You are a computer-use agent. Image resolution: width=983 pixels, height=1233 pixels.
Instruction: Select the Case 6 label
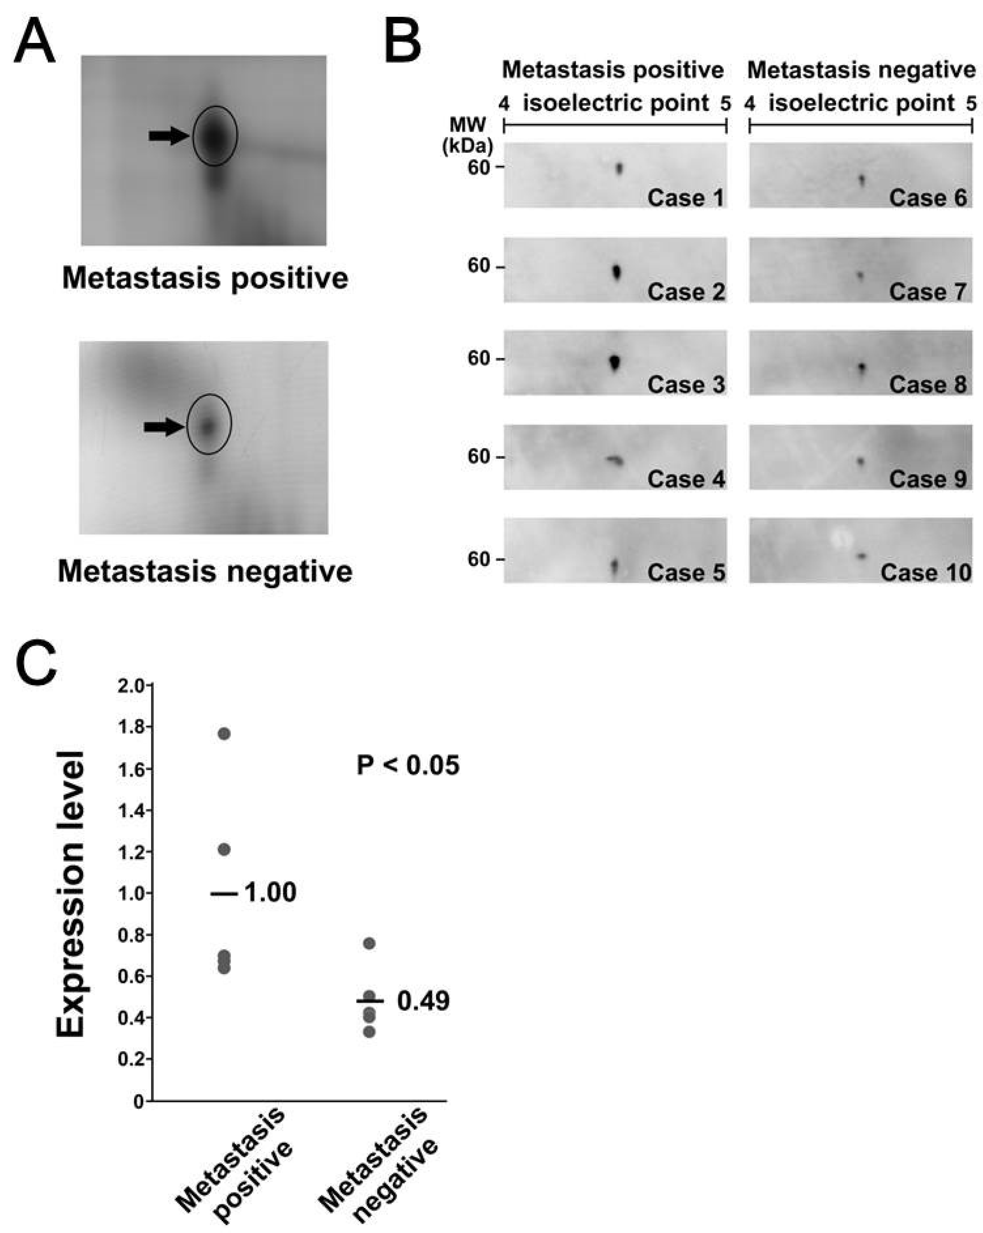pos(927,198)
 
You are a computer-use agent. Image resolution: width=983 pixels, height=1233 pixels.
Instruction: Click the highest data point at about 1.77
pos(224,734)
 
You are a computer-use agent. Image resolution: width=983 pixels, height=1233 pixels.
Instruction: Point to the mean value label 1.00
pos(270,892)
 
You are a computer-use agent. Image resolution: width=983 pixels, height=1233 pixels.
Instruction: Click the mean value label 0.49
pos(423,1001)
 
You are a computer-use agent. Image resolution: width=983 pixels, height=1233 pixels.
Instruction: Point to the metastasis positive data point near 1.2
pos(224,850)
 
